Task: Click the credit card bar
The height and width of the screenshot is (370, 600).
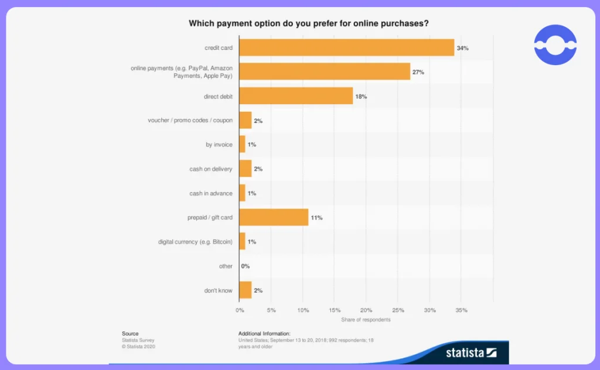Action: point(347,47)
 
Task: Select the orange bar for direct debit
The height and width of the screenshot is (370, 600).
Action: point(296,96)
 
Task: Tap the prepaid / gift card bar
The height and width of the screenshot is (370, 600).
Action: point(274,217)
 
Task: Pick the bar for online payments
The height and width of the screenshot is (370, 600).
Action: point(325,71)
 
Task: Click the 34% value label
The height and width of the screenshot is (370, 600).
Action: point(463,48)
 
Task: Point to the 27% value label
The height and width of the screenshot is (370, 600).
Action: point(418,72)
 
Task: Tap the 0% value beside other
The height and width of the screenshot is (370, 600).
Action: point(246,266)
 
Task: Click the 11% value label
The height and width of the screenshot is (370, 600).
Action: point(316,217)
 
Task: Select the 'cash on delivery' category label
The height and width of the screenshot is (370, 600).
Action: point(211,169)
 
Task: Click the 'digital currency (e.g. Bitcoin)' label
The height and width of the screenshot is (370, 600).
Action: point(195,242)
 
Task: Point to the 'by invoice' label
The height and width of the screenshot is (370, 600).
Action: point(219,145)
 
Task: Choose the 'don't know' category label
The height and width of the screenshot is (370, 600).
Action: point(218,290)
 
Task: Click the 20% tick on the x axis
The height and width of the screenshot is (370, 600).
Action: point(366,310)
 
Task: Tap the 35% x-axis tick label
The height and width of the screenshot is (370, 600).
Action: point(462,310)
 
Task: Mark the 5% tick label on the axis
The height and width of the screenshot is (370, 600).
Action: point(271,310)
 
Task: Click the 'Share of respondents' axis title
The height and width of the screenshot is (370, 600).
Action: point(366,320)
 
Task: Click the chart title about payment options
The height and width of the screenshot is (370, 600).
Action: point(309,23)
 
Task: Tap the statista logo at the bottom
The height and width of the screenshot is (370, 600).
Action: point(472,352)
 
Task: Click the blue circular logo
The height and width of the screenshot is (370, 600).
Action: point(555,44)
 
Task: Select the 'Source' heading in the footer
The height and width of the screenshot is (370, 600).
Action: point(130,333)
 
